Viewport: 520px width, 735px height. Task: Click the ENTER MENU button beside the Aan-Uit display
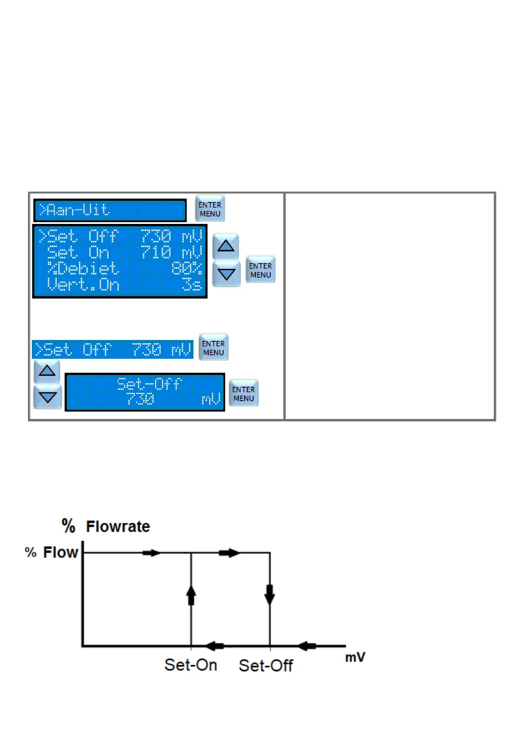coord(210,209)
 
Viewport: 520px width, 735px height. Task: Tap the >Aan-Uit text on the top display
coord(74,210)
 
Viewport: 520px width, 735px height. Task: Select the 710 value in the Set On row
coord(156,252)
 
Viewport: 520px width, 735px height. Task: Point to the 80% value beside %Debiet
coord(186,268)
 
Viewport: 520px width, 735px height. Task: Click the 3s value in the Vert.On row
coord(192,285)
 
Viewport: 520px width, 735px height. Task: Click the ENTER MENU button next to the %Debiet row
coord(260,270)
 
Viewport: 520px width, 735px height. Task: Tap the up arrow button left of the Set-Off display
coord(47,371)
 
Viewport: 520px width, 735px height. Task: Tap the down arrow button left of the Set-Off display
coord(47,397)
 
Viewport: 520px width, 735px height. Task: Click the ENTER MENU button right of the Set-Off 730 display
coord(244,393)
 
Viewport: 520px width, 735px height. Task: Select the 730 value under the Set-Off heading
coord(140,399)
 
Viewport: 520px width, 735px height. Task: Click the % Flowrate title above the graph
coord(106,526)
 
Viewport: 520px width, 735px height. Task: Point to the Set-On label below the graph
coord(190,665)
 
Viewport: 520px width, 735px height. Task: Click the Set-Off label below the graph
coord(265,665)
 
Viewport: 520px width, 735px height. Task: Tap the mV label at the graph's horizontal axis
coord(355,657)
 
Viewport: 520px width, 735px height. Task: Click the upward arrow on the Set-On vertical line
coord(191,595)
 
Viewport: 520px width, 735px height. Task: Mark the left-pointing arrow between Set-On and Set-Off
coord(215,646)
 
